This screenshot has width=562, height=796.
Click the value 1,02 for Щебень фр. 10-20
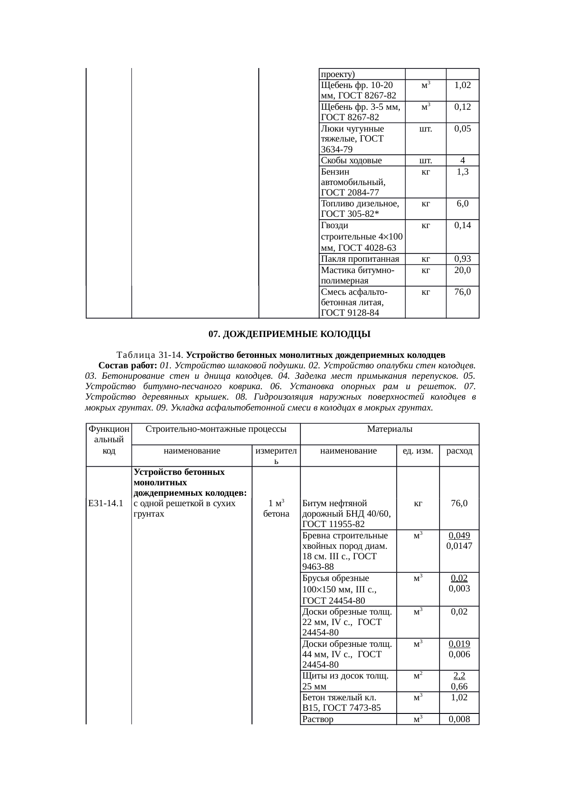click(462, 85)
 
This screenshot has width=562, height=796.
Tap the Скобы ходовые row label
click(351, 160)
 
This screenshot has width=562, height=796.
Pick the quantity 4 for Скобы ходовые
click(462, 160)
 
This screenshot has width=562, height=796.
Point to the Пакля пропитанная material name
click(360, 259)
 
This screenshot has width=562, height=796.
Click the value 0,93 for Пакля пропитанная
click(462, 259)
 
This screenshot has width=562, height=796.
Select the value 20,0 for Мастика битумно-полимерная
click(462, 270)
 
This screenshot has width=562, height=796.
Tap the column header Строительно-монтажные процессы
click(215, 429)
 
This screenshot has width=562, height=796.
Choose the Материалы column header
click(389, 429)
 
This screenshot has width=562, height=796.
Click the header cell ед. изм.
click(418, 451)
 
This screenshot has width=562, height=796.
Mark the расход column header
click(459, 451)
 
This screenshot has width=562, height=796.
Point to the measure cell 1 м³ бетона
click(276, 508)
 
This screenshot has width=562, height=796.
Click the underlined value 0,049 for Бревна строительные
click(459, 535)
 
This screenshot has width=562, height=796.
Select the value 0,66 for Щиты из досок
click(459, 687)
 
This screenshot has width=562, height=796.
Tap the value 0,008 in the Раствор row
click(459, 719)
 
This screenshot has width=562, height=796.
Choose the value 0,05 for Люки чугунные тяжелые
click(462, 128)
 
